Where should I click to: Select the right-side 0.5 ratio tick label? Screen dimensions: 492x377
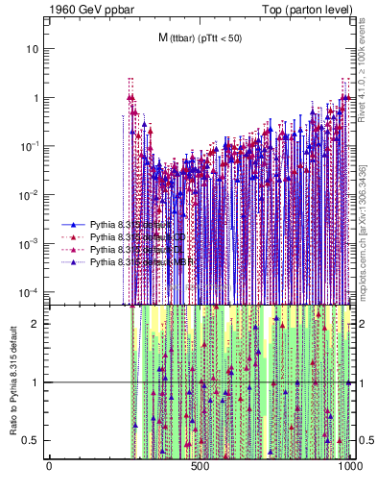pyautogui.click(x=365, y=440)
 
